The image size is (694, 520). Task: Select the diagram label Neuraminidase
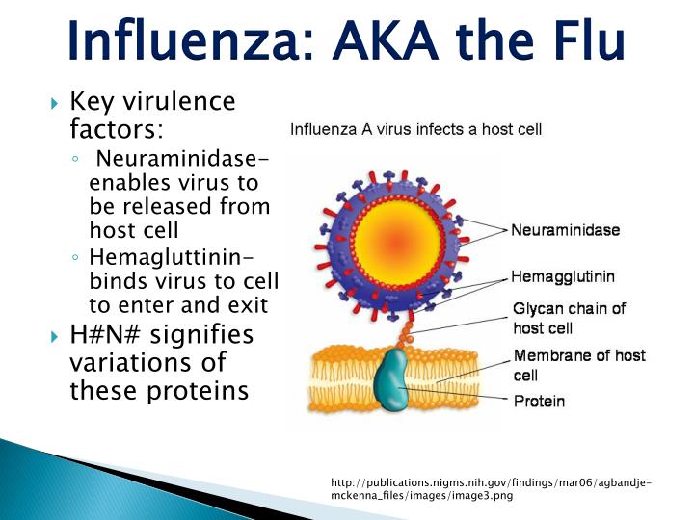pyautogui.click(x=565, y=230)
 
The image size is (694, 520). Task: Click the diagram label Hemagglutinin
pyautogui.click(x=562, y=276)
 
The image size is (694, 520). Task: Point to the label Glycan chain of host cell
pyautogui.click(x=568, y=318)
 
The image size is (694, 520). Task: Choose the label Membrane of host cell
pyautogui.click(x=579, y=365)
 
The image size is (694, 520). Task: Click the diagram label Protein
pyautogui.click(x=539, y=401)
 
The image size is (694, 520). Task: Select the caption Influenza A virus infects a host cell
pyautogui.click(x=416, y=128)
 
